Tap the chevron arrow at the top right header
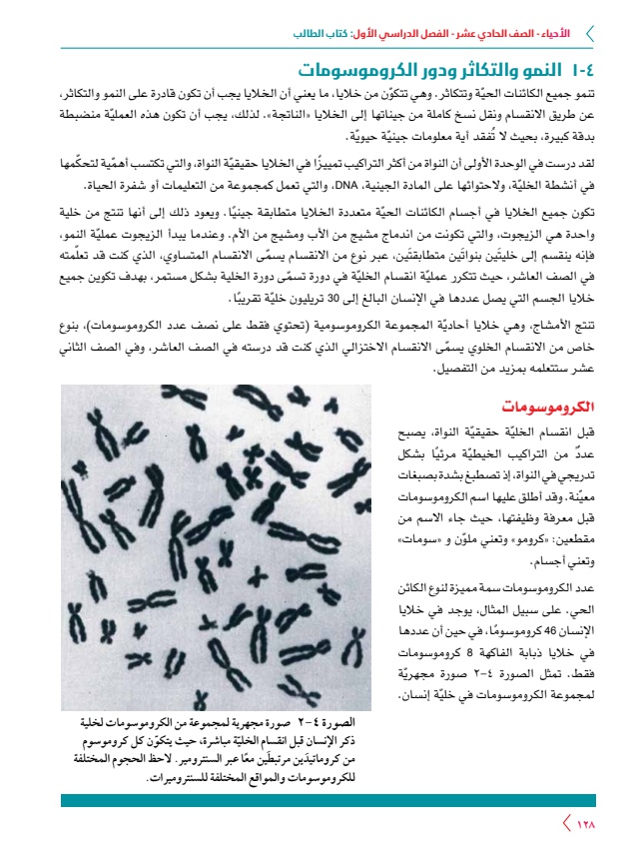tap(590, 33)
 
